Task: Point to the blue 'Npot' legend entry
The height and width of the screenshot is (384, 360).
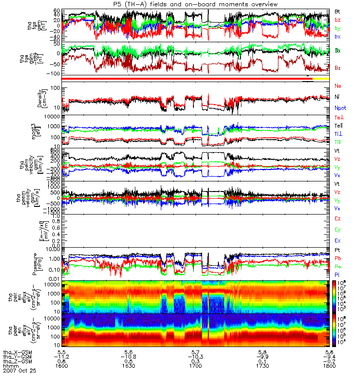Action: tap(339, 108)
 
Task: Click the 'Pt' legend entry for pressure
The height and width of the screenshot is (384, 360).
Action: tap(337, 251)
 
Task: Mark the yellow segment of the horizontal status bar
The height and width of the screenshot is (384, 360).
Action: tap(321, 78)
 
